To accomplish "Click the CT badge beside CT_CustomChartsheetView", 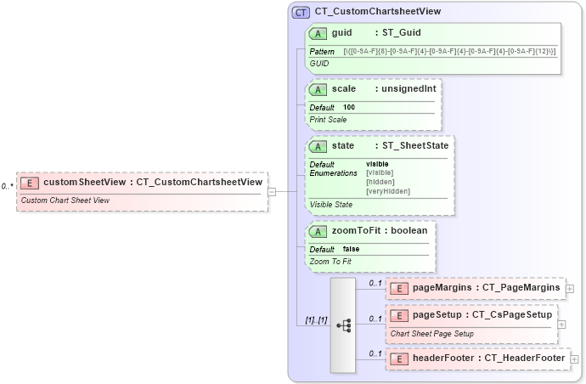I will click(301, 12).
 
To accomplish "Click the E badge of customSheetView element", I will click(30, 183).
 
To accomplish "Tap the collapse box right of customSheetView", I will click(271, 191).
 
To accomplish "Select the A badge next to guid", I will click(318, 34).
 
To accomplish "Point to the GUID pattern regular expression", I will click(449, 52).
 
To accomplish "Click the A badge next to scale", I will click(318, 89).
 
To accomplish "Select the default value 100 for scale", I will click(349, 108).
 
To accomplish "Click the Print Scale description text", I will click(328, 120).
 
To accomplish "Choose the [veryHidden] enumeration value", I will click(387, 191).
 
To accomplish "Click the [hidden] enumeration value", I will click(380, 182).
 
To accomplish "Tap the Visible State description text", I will click(331, 205).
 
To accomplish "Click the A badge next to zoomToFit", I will click(318, 231).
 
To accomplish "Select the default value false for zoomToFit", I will click(352, 249).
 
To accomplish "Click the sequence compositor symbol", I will click(343, 325).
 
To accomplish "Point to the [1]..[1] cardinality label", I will click(316, 320).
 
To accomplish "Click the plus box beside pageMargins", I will click(569, 288).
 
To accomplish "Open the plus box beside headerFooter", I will click(574, 359).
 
